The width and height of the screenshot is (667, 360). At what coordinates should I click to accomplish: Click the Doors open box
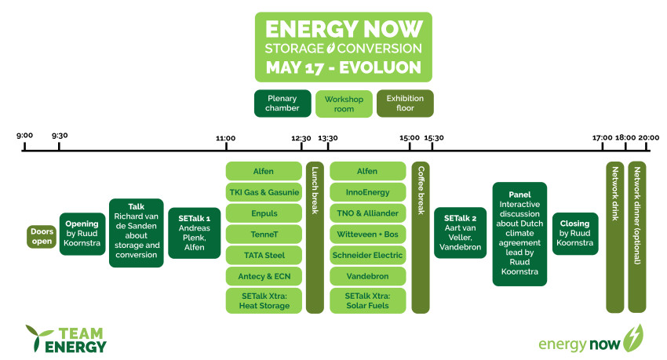(x=42, y=236)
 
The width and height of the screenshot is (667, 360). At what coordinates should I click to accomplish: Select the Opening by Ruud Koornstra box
(x=82, y=234)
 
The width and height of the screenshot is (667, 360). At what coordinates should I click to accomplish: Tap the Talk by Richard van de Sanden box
(x=136, y=233)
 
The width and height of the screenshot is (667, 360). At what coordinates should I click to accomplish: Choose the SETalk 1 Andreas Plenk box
(x=195, y=233)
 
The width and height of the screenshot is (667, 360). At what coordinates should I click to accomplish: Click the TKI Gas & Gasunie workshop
(x=264, y=192)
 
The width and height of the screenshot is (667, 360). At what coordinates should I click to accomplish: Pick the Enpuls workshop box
(x=264, y=213)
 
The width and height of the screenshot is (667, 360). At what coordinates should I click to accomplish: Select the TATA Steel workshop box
(x=264, y=255)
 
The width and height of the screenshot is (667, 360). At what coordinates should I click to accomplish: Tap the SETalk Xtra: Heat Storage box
(x=264, y=300)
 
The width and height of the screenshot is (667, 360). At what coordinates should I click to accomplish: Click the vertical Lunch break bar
(x=315, y=237)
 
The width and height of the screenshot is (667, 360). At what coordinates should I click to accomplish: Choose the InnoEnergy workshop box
(x=367, y=192)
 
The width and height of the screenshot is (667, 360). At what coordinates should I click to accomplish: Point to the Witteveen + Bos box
(x=367, y=235)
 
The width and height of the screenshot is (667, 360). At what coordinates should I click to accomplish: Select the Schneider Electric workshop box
(x=367, y=255)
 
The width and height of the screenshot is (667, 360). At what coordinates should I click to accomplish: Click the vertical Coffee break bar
(x=421, y=237)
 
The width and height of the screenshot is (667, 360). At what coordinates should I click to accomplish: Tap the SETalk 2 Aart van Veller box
(x=461, y=233)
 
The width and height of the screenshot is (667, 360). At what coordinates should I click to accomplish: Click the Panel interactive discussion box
(x=519, y=234)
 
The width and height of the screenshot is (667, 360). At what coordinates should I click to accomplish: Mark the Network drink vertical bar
(x=614, y=237)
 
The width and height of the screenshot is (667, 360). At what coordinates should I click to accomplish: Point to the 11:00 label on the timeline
(x=225, y=138)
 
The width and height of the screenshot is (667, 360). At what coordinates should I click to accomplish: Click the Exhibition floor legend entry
(x=405, y=104)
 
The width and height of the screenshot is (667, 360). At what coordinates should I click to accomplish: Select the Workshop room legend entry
(x=344, y=104)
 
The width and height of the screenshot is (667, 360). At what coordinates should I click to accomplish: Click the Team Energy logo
(x=66, y=339)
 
